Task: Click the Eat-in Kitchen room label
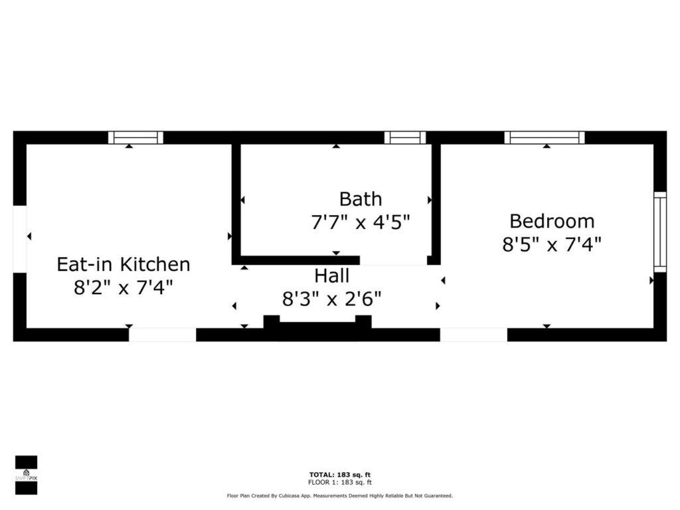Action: (124, 264)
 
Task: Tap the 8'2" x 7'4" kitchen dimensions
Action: (124, 287)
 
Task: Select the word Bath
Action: (361, 199)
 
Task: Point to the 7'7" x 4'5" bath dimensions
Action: (361, 222)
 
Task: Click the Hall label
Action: (332, 276)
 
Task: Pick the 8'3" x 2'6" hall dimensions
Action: (332, 299)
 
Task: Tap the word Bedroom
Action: (552, 221)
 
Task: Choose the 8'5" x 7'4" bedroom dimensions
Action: (552, 244)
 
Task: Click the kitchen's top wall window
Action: (135, 137)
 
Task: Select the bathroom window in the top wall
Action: (405, 137)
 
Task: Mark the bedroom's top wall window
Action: (545, 137)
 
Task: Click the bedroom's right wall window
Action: (660, 232)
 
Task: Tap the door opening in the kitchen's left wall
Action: (20, 239)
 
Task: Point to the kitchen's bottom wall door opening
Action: (163, 335)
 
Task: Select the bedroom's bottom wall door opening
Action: (473, 335)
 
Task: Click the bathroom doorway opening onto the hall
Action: (393, 260)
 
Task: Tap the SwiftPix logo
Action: (26, 475)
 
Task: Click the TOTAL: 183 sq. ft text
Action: (340, 475)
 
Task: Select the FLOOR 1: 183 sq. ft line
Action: (340, 482)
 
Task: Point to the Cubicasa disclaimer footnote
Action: (340, 495)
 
